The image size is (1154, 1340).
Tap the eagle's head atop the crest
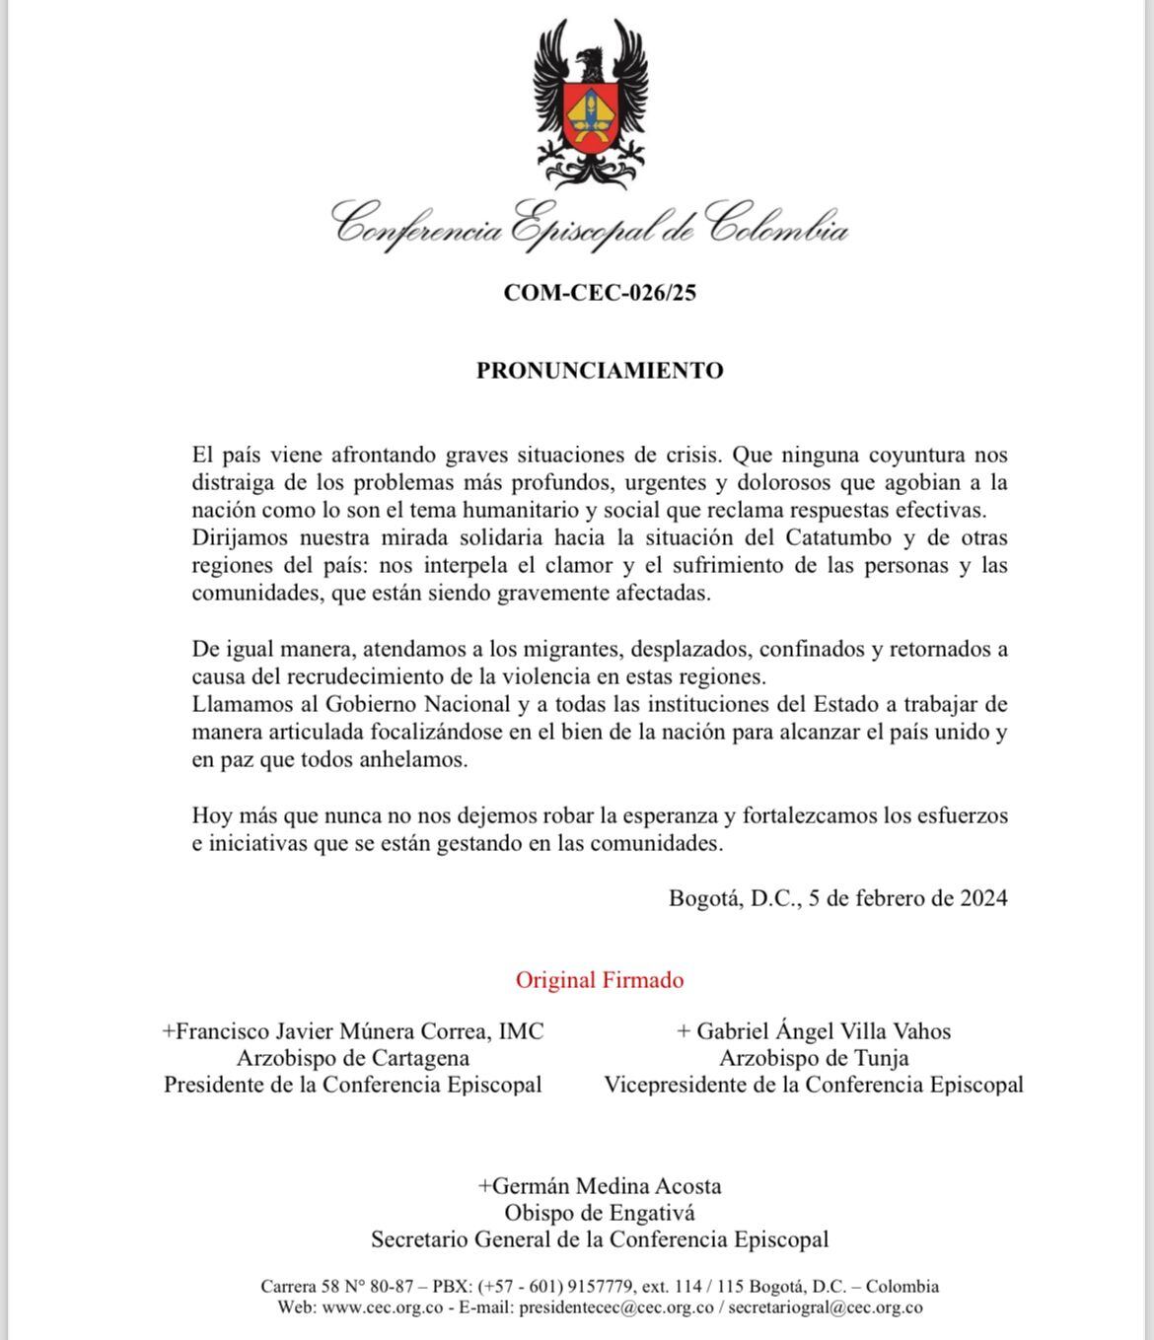click(591, 62)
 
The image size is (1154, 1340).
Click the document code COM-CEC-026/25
click(600, 293)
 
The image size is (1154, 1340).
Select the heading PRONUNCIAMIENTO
click(600, 371)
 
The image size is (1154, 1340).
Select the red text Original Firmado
click(600, 980)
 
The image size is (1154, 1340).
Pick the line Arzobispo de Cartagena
click(353, 1058)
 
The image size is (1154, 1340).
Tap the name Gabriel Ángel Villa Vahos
click(824, 1031)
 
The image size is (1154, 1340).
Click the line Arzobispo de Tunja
click(814, 1058)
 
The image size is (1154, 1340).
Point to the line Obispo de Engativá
click(600, 1213)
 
